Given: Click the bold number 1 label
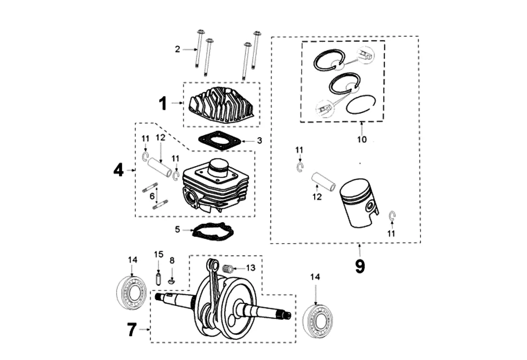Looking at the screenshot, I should pos(162,103).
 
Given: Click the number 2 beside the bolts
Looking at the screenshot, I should pos(177,49).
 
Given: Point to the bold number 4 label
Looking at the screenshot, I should pos(118,170).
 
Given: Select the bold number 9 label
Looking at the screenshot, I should pos(360,266).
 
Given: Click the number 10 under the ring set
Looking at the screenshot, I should pos(362,139).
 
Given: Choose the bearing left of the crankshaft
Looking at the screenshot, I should pos(131,294).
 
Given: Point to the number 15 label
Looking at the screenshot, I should pos(158,254).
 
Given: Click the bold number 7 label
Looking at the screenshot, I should pos(131,330).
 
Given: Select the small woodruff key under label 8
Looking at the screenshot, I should pos(171,282).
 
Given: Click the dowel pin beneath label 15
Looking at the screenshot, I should pos(158,277).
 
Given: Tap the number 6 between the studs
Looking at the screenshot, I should pos(152,196).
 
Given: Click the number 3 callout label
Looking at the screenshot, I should pos(259,140).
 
